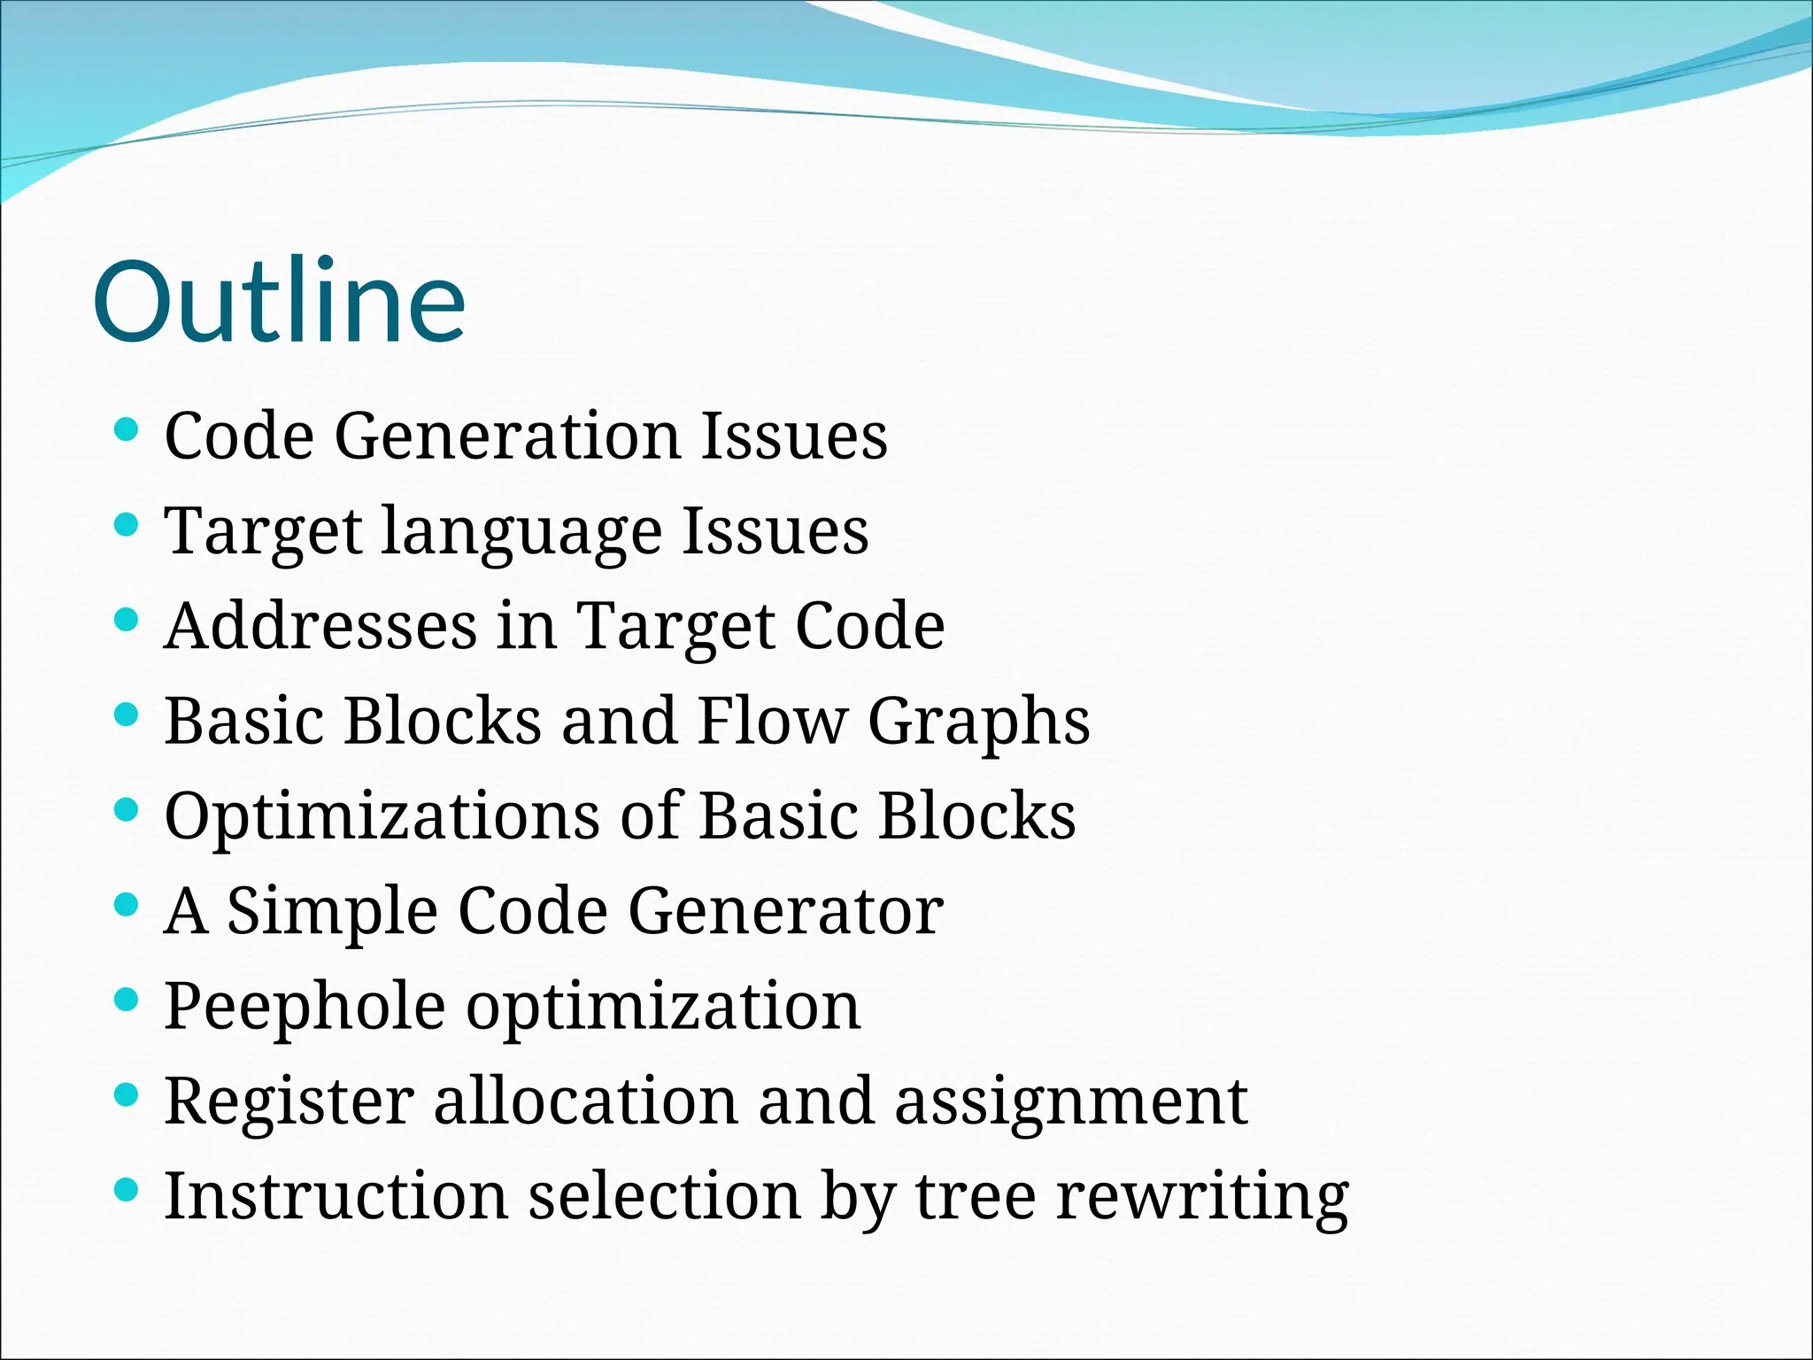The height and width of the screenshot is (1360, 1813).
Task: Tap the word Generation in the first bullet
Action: pyautogui.click(x=506, y=436)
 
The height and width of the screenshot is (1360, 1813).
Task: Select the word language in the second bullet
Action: pyautogui.click(x=521, y=531)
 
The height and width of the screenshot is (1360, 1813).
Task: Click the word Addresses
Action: pyautogui.click(x=320, y=626)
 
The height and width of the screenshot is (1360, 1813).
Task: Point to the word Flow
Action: pyautogui.click(x=771, y=721)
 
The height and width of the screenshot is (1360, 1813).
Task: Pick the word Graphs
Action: pyautogui.click(x=978, y=722)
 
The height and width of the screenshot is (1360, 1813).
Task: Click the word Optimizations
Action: pyautogui.click(x=382, y=815)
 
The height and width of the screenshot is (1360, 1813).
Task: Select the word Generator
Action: pyautogui.click(x=785, y=911)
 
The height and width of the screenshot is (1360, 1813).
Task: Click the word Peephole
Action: pyautogui.click(x=305, y=1007)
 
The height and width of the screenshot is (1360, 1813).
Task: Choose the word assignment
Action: pyautogui.click(x=1070, y=1102)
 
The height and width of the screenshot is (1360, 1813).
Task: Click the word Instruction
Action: pyautogui.click(x=336, y=1196)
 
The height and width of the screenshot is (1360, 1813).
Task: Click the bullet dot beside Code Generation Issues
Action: pyautogui.click(x=127, y=431)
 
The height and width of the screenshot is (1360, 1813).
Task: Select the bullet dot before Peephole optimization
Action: pyautogui.click(x=127, y=1001)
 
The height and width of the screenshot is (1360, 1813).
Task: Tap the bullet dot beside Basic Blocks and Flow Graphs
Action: pyautogui.click(x=127, y=715)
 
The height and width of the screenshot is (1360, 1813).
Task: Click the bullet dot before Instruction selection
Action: pyautogui.click(x=127, y=1191)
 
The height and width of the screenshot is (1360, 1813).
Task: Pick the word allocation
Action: pyautogui.click(x=585, y=1101)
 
